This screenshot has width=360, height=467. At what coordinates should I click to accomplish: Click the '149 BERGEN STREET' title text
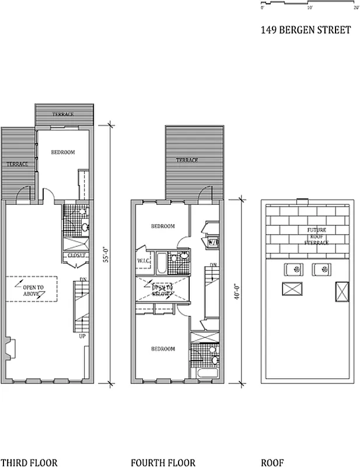(x=306, y=30)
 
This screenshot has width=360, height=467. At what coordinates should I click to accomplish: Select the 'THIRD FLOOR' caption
(x=29, y=463)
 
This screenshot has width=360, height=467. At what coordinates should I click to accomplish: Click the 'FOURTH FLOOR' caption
(x=163, y=463)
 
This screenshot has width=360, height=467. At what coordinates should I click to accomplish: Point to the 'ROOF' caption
(x=272, y=463)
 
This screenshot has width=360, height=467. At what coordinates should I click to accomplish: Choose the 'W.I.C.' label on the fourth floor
(x=144, y=260)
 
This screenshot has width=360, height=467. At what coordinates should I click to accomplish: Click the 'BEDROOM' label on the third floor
(x=63, y=152)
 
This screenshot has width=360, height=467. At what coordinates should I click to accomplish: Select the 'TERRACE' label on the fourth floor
(x=187, y=160)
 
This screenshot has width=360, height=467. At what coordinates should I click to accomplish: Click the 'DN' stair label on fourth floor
(x=213, y=266)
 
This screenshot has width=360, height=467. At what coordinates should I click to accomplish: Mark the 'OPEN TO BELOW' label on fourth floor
(x=163, y=290)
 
